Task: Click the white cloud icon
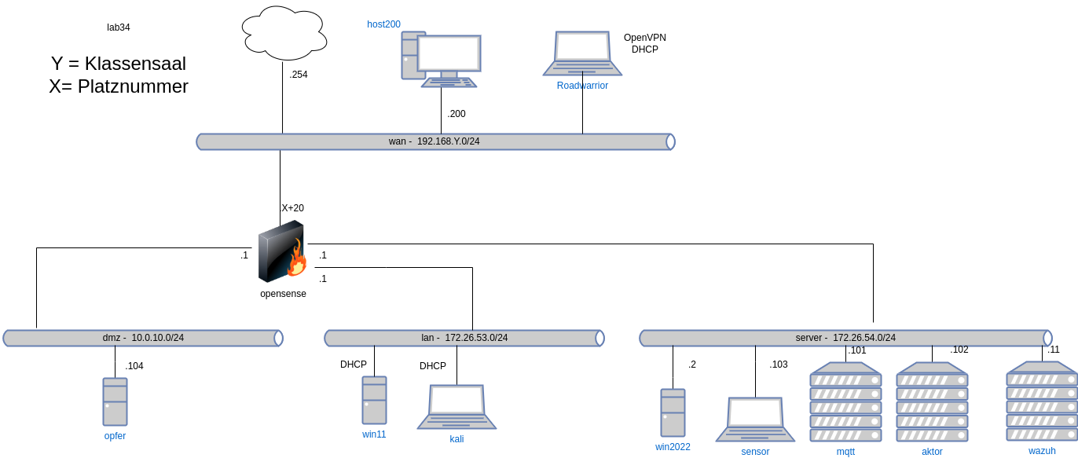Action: point(284,33)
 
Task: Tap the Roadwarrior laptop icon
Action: point(582,53)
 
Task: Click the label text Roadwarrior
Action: point(582,85)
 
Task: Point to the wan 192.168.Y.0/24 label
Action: point(434,141)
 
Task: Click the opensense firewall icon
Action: point(281,251)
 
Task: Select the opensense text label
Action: point(283,294)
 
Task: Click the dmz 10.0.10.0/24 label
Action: point(143,338)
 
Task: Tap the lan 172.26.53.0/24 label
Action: point(464,338)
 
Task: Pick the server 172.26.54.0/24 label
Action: point(845,338)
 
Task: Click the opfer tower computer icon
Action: point(115,401)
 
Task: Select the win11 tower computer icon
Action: point(374,400)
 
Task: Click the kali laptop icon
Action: point(456,406)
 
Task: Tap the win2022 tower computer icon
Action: point(673,412)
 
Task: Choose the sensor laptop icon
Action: point(755,419)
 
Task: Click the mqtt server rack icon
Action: point(845,401)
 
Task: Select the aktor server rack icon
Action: point(932,401)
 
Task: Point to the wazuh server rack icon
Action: point(1042,401)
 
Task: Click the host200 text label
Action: point(384,24)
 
